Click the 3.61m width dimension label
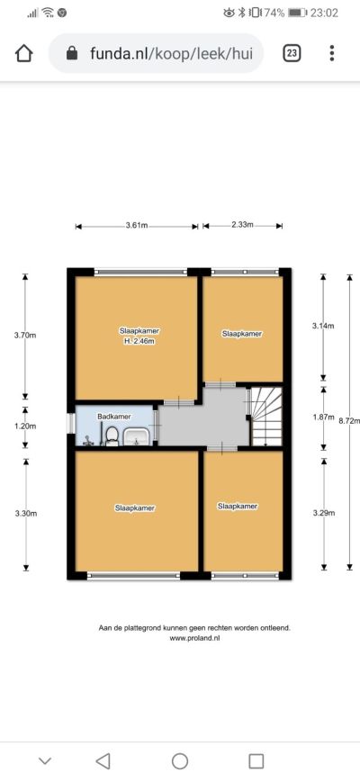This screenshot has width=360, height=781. click(x=137, y=226)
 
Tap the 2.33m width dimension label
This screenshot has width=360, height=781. click(x=242, y=225)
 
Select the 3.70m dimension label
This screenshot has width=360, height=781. click(x=25, y=336)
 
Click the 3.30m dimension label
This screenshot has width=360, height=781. click(x=25, y=514)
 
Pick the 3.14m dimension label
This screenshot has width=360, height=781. click(x=323, y=327)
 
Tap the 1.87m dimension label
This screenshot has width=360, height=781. click(x=323, y=417)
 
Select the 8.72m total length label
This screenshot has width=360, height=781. click(x=349, y=420)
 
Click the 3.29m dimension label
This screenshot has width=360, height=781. click(x=324, y=513)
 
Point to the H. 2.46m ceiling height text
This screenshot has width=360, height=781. click(x=135, y=342)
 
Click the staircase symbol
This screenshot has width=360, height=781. click(x=267, y=417)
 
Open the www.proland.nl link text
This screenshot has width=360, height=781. click(x=194, y=638)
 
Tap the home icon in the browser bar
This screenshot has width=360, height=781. click(x=24, y=53)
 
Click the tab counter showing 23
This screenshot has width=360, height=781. click(x=292, y=53)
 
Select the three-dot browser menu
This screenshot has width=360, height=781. click(x=332, y=53)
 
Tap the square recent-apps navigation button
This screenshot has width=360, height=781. click(x=256, y=761)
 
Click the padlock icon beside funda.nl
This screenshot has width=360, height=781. click(x=72, y=53)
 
